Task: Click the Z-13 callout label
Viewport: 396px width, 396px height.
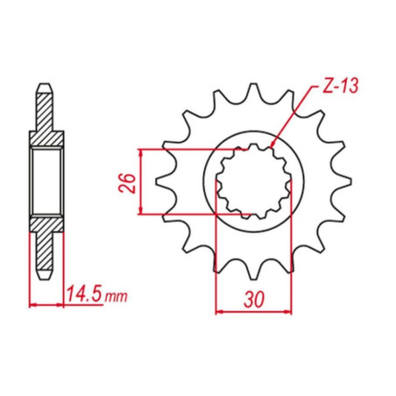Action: coord(340,86)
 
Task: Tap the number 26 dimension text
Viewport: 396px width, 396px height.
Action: coord(127,183)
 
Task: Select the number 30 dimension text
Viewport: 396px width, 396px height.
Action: coord(254,300)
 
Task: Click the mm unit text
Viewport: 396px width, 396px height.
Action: coord(117,296)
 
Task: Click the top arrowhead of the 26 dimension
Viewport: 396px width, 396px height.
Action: coord(141,152)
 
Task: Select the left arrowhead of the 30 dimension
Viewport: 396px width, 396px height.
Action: coord(219,312)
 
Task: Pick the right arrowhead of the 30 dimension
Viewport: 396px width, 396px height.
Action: coord(287,312)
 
